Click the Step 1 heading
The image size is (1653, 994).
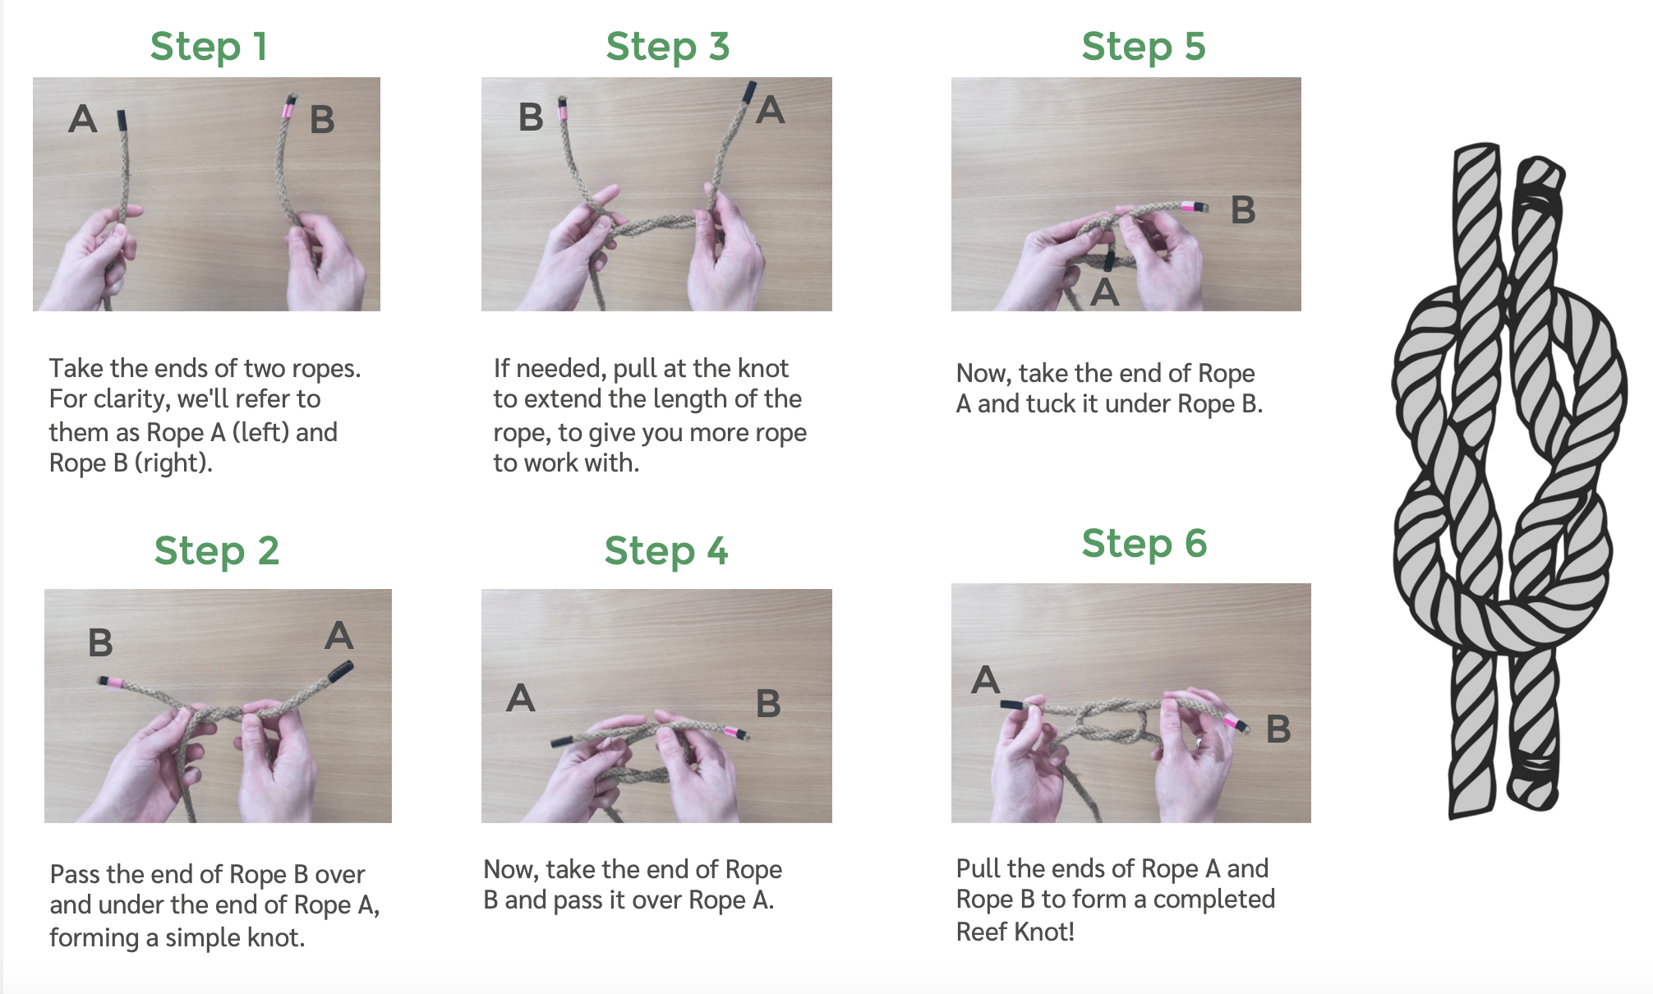(x=209, y=46)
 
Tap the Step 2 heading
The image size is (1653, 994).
(x=217, y=550)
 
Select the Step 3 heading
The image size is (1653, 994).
(x=668, y=46)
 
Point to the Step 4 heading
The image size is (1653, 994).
(x=666, y=550)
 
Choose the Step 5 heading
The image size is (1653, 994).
(x=1144, y=46)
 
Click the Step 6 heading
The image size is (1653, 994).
(x=1144, y=543)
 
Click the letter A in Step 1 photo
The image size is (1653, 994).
(x=82, y=119)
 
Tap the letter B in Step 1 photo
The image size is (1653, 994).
(x=322, y=120)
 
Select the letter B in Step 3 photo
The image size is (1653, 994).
(x=531, y=117)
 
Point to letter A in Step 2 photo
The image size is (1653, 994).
(x=339, y=635)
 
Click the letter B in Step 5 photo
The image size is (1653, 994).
(x=1243, y=210)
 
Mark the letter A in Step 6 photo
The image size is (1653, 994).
(x=985, y=680)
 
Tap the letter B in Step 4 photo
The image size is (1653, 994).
(x=768, y=704)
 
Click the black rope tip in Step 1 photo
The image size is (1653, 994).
(x=122, y=120)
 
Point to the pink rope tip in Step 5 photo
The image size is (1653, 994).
(x=1189, y=205)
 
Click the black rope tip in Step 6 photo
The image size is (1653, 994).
(x=1011, y=705)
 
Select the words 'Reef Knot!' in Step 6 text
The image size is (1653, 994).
(x=1015, y=932)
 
